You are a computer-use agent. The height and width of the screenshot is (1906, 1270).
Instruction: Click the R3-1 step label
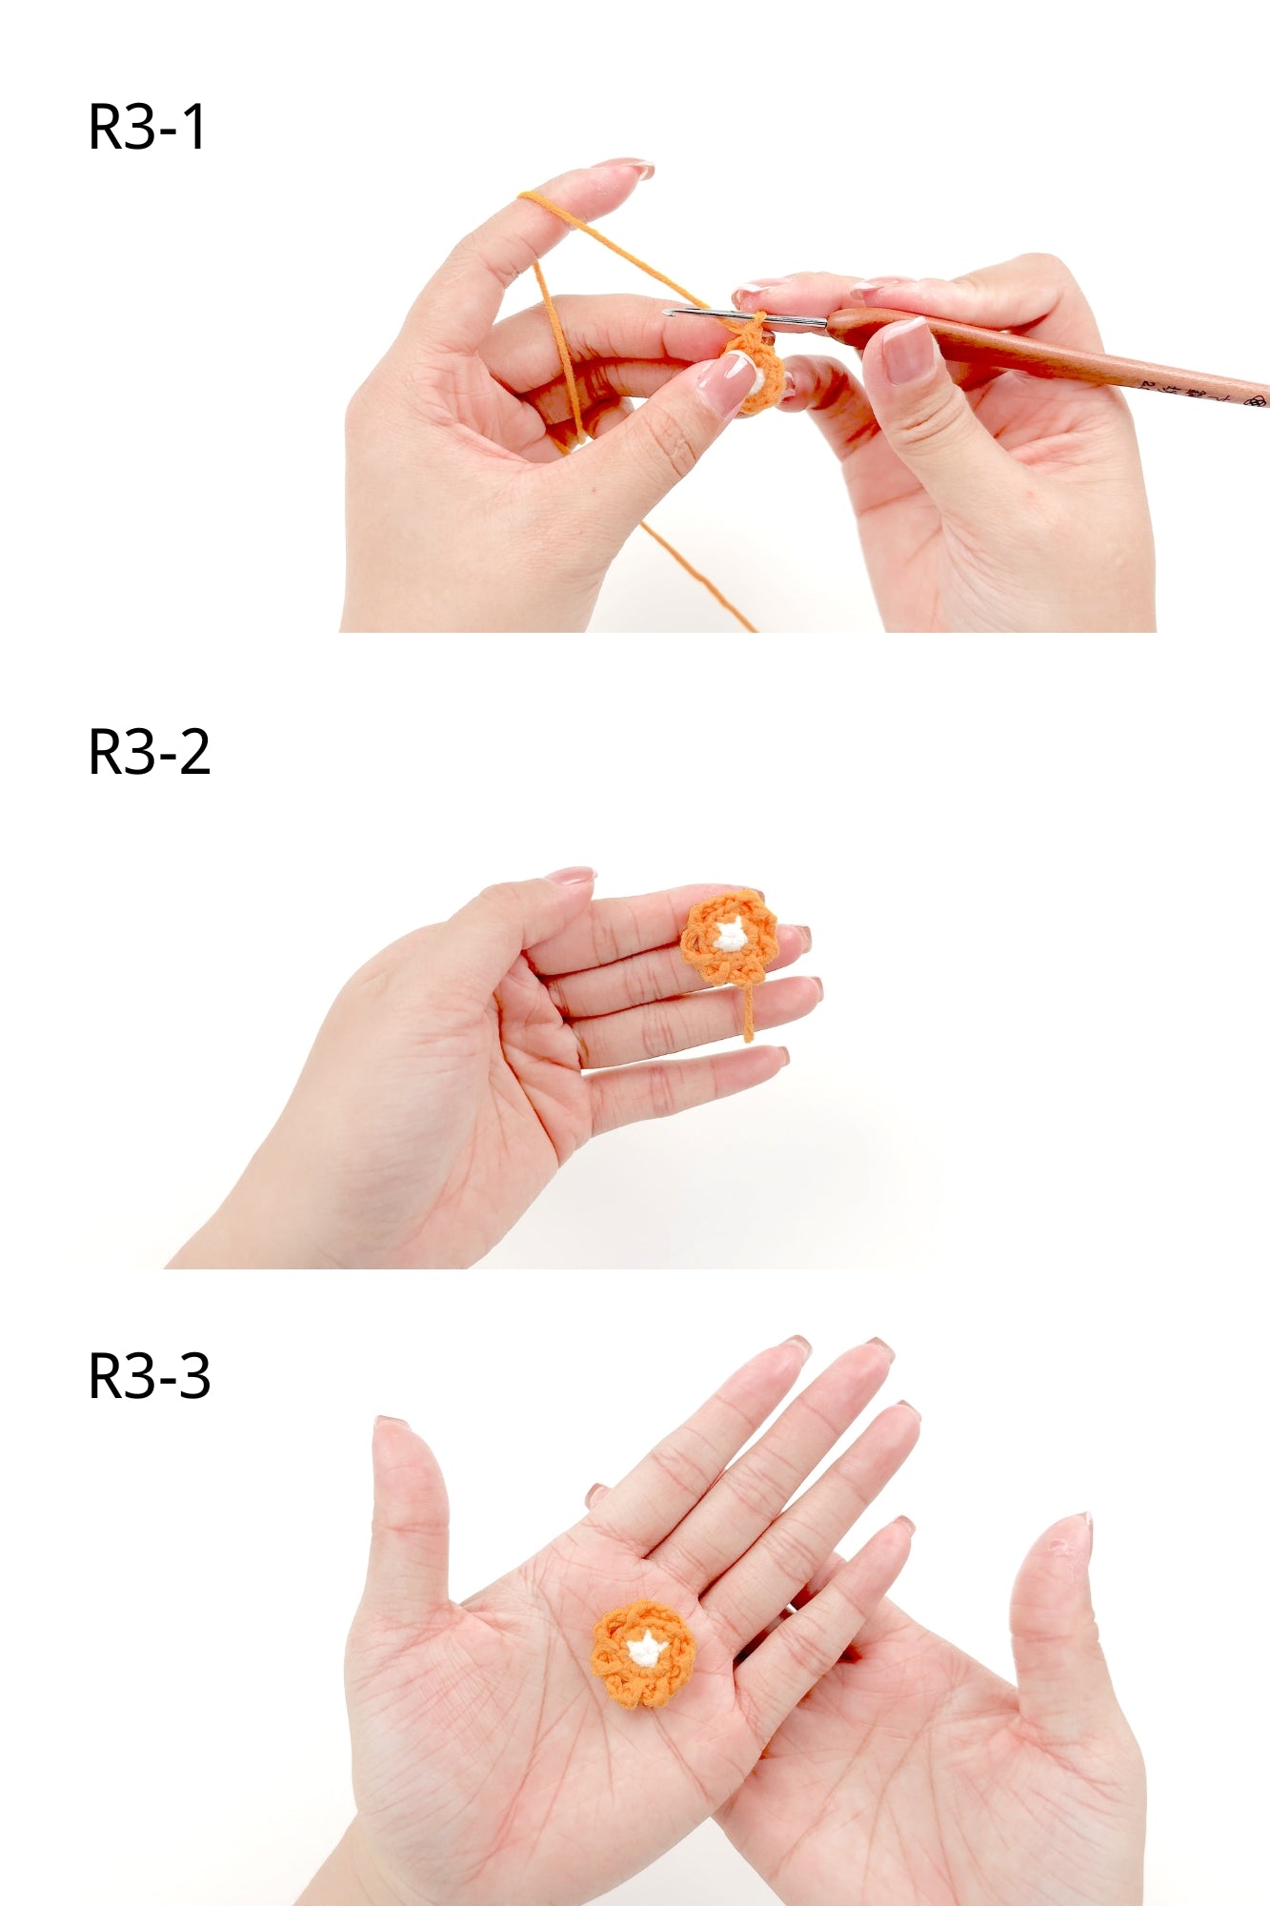(147, 127)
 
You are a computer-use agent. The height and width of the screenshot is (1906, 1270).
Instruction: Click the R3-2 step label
(149, 752)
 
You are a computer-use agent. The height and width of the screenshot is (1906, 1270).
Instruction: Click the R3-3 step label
(149, 1376)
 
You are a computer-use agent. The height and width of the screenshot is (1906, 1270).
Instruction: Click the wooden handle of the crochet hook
(1048, 357)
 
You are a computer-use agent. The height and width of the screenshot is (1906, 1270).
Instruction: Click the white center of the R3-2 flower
(730, 937)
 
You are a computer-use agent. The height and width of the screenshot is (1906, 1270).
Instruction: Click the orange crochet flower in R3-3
(642, 1654)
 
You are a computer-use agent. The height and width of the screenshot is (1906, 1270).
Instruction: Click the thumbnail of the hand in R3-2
(570, 875)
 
